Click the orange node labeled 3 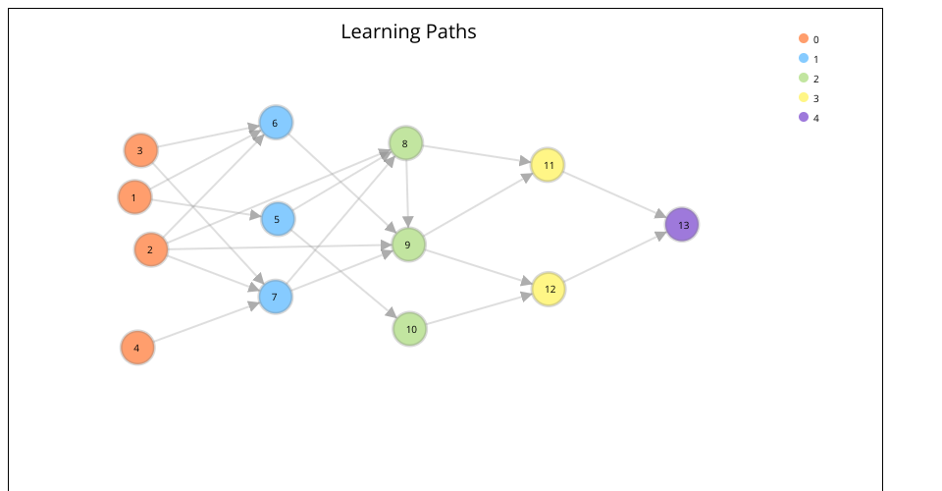(140, 150)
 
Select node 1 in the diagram (134, 197)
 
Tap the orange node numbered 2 (150, 249)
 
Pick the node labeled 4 (137, 348)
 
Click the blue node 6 (276, 123)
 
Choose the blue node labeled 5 (278, 219)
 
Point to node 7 (276, 297)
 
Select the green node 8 (405, 144)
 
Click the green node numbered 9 (408, 244)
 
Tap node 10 (410, 329)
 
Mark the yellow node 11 (548, 165)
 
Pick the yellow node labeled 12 (549, 289)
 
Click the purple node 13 (682, 225)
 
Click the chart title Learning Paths (408, 31)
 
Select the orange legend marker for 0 (804, 38)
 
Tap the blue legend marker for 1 (804, 58)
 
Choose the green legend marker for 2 (804, 78)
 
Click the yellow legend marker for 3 (804, 97)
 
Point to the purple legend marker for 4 (804, 117)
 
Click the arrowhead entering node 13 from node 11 (660, 215)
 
